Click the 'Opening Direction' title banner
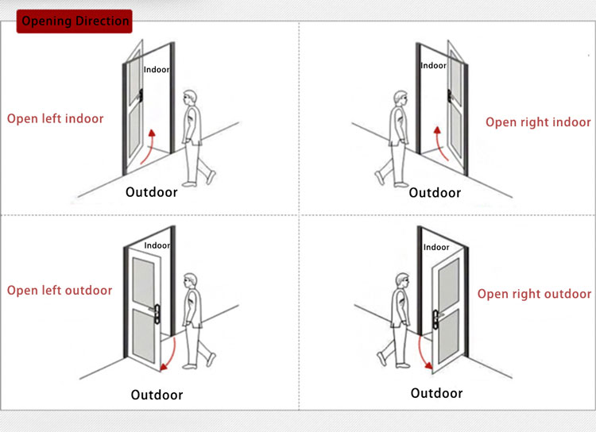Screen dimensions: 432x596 (74, 21)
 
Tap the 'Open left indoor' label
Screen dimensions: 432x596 (56, 118)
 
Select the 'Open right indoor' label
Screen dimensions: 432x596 (538, 121)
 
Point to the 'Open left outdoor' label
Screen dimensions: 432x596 (60, 290)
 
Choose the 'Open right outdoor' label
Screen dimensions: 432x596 (534, 293)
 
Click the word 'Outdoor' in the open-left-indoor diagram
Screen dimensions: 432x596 (151, 191)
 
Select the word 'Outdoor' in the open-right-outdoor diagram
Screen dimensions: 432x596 (436, 393)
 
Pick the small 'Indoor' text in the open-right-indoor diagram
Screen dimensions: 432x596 (434, 66)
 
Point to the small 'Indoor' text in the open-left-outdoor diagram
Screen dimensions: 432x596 (157, 246)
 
